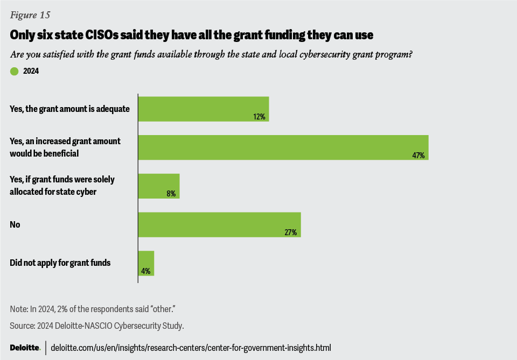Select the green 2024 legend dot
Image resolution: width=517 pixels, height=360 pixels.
click(x=15, y=70)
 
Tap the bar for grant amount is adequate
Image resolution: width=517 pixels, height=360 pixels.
click(x=203, y=109)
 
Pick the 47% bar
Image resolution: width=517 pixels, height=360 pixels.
click(x=283, y=147)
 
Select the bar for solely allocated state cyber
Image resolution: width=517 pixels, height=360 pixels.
click(x=159, y=186)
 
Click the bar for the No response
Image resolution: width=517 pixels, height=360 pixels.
click(x=219, y=224)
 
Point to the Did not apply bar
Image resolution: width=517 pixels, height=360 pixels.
click(x=146, y=263)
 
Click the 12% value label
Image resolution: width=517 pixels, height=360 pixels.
click(x=261, y=117)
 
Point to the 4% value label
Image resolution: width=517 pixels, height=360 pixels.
click(x=146, y=271)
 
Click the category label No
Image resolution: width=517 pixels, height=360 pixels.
click(x=15, y=224)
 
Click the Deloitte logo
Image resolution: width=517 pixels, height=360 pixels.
click(x=25, y=348)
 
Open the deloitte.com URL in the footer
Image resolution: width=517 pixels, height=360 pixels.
click(x=191, y=348)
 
